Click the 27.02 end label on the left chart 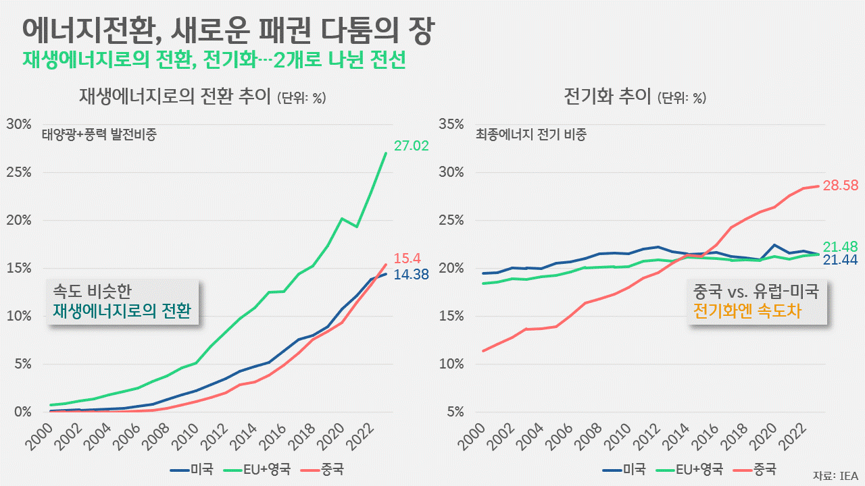coord(412,146)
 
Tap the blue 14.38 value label coord(411,275)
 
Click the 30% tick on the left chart coord(19,124)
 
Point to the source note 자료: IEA coord(835,475)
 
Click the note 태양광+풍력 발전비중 coord(99,134)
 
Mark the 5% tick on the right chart coord(454,412)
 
